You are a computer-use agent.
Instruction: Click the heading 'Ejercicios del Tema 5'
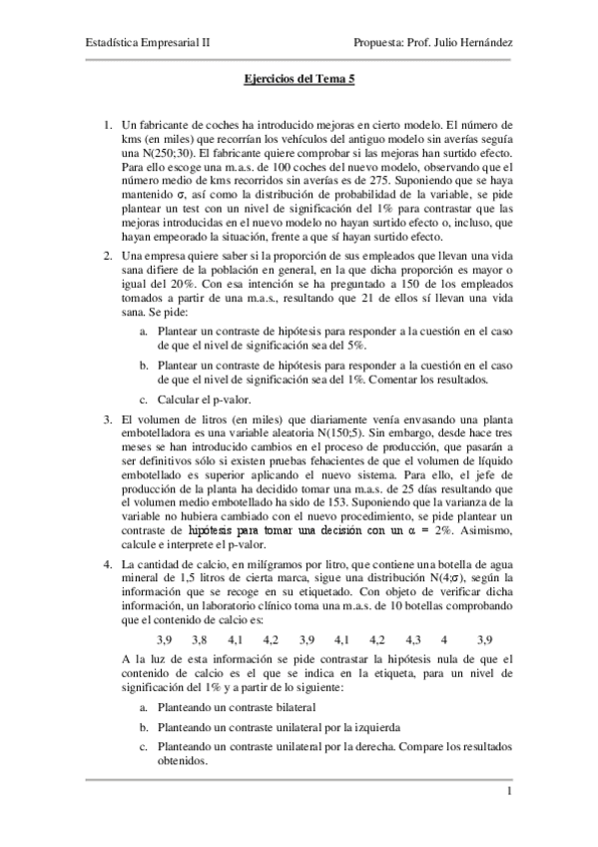(x=299, y=88)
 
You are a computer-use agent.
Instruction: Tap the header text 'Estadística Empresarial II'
(x=138, y=44)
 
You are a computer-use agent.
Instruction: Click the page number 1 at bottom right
(x=508, y=794)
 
